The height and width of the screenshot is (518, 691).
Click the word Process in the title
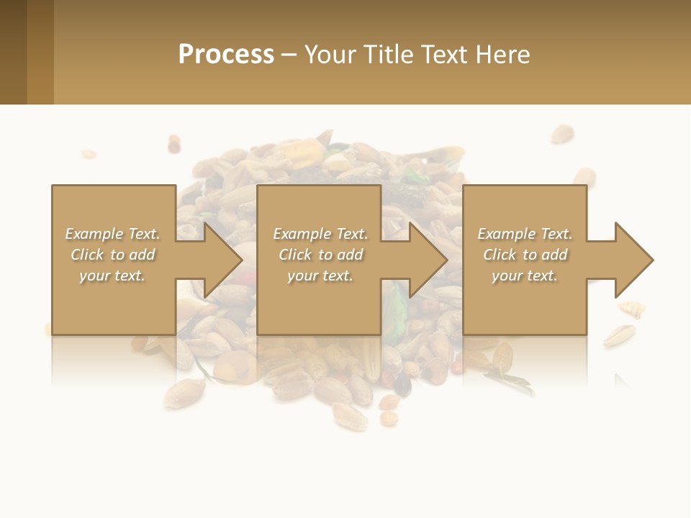pos(226,55)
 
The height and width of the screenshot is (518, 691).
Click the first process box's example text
pos(113,254)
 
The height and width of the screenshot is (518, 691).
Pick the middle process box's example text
pos(320,254)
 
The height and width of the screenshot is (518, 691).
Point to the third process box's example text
pos(525,254)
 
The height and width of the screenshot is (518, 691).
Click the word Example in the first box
pos(94,234)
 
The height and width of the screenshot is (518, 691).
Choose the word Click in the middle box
pos(295,255)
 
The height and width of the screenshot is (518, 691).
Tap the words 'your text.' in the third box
pos(525,276)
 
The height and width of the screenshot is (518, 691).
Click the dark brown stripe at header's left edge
pos(13,52)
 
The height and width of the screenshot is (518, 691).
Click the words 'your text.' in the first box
pos(112,276)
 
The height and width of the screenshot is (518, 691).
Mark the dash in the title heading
pos(289,55)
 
